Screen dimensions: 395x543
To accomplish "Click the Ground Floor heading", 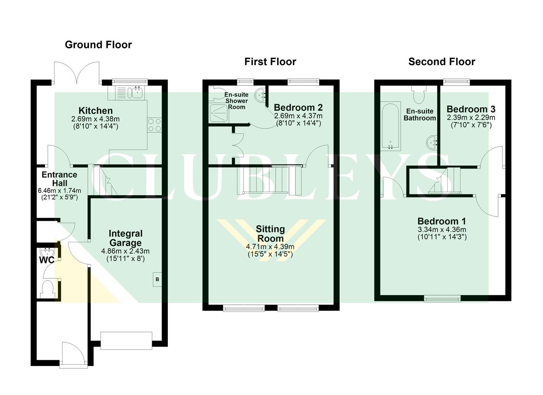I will [98, 45].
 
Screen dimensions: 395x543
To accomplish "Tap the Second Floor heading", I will [441, 61].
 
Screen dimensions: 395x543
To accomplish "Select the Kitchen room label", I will [95, 110].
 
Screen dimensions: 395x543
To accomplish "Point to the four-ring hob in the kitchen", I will [154, 125].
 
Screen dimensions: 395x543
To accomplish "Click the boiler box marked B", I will [157, 279].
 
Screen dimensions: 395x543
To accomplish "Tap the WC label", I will [46, 260].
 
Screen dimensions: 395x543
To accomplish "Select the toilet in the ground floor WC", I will [48, 288].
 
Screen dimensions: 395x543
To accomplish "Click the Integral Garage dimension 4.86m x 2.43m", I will [125, 251].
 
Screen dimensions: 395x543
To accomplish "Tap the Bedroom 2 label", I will [298, 108].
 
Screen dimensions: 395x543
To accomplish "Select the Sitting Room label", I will [270, 234].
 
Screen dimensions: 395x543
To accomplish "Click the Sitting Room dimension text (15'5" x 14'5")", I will [270, 254].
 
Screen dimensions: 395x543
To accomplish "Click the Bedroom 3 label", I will [471, 109].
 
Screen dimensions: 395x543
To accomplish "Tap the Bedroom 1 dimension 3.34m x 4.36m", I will [442, 230].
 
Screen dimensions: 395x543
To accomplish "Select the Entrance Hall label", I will [59, 179].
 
